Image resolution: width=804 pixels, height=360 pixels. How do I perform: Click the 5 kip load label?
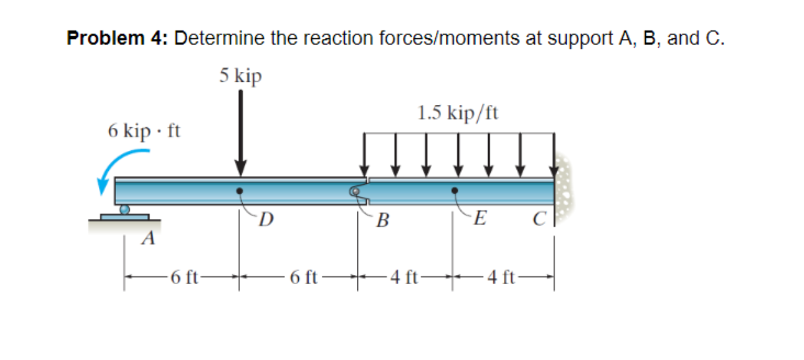pos(241,76)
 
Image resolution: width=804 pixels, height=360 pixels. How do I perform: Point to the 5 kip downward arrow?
pos(241,132)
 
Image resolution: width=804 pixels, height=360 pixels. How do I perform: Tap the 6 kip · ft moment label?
pos(144,131)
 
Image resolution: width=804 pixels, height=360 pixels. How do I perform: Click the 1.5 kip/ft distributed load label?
pos(458,113)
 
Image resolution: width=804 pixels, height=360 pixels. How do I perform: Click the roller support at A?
pos(125,211)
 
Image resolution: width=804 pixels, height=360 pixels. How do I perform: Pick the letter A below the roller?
pos(150,237)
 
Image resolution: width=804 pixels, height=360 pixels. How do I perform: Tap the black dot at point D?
pos(241,191)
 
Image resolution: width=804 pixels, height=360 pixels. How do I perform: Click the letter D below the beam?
pos(265,218)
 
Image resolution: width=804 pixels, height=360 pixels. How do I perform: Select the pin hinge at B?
pos(356,192)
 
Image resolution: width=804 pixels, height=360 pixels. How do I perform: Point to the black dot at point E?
pos(454,191)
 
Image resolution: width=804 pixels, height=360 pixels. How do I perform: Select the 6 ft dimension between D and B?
pos(303,276)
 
